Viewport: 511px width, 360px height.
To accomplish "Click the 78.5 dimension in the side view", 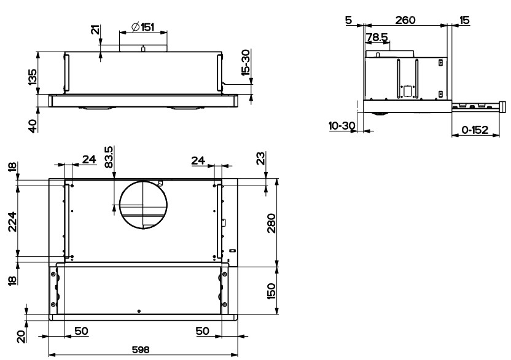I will pos(376,37).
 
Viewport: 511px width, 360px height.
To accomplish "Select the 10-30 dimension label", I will pos(342,125).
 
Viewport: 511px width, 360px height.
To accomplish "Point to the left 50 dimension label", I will pos(81,331).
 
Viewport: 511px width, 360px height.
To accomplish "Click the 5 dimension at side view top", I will pos(349,20).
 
